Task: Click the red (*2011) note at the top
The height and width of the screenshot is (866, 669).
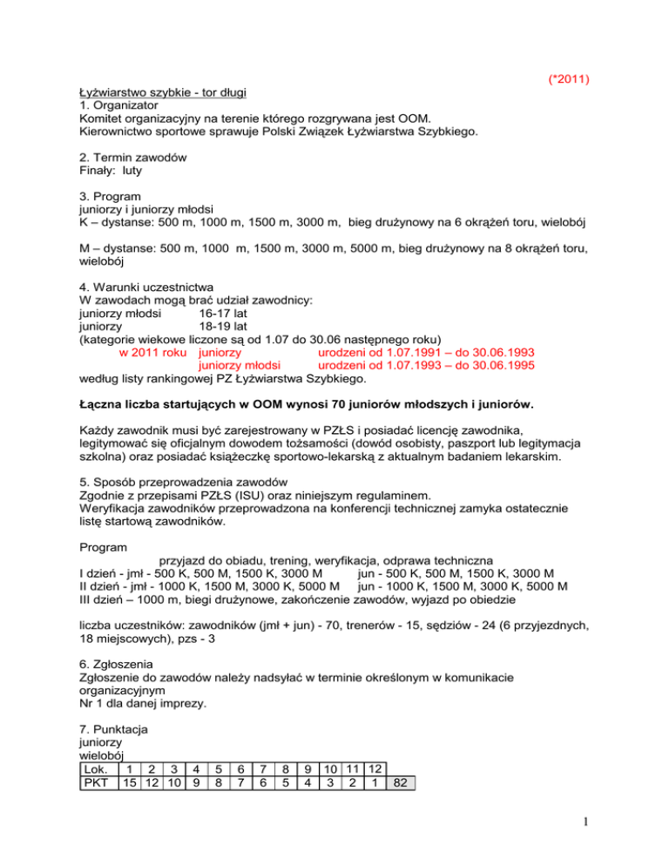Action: tap(567, 80)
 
